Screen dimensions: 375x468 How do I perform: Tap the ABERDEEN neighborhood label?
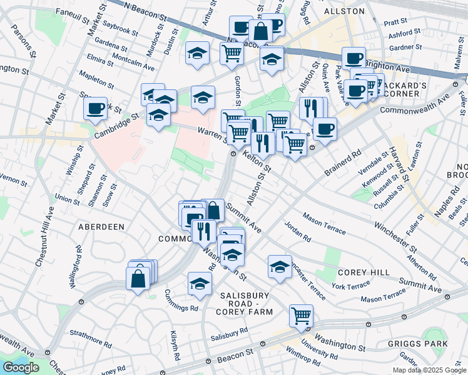coord(101,226)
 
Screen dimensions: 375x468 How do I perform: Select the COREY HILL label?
coord(364,272)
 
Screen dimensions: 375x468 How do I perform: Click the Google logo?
coord(20,367)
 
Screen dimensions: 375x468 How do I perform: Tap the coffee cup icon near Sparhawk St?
coord(96,109)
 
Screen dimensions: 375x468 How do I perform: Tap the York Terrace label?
coord(350,286)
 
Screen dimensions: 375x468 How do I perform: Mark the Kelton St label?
coord(257,161)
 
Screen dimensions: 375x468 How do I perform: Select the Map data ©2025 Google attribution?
coord(429,369)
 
